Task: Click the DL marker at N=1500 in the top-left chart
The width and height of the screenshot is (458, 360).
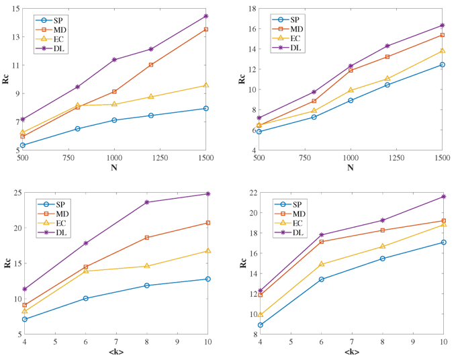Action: click(206, 15)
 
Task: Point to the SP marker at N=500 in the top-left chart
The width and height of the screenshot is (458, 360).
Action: click(23, 145)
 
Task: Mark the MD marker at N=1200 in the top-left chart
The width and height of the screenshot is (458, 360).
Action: click(151, 64)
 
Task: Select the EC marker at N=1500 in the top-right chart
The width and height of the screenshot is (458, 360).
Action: click(442, 51)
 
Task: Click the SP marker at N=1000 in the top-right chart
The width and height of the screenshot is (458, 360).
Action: click(350, 100)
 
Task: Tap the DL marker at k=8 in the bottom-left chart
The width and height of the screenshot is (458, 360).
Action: click(146, 202)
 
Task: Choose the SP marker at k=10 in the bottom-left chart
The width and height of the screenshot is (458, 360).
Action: click(208, 279)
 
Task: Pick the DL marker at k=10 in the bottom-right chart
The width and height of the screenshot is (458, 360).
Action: click(443, 196)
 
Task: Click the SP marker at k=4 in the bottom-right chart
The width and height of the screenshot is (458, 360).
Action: click(260, 324)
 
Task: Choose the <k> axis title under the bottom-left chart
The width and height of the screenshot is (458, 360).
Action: click(115, 352)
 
